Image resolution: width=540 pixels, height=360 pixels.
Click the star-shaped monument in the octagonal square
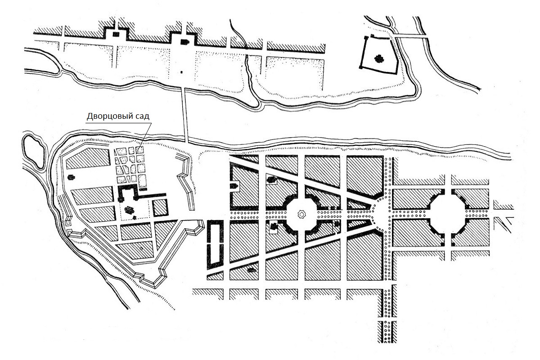click(x=301, y=214)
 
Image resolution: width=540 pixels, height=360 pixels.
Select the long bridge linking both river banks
click(x=185, y=115)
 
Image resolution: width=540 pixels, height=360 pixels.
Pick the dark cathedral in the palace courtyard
click(x=129, y=210)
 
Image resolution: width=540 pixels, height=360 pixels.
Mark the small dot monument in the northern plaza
click(x=181, y=72)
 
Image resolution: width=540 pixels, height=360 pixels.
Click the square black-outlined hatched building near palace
click(x=160, y=207)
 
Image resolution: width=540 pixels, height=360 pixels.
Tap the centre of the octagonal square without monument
click(x=448, y=214)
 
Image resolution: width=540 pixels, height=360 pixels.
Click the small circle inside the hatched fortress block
click(x=141, y=248)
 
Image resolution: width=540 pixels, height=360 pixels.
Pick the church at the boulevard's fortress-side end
click(x=234, y=186)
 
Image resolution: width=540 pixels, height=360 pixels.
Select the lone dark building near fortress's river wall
click(x=71, y=177)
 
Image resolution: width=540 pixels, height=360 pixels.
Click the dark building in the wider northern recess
click(x=184, y=42)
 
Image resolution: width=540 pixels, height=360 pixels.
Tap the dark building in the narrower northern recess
click(x=116, y=34)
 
